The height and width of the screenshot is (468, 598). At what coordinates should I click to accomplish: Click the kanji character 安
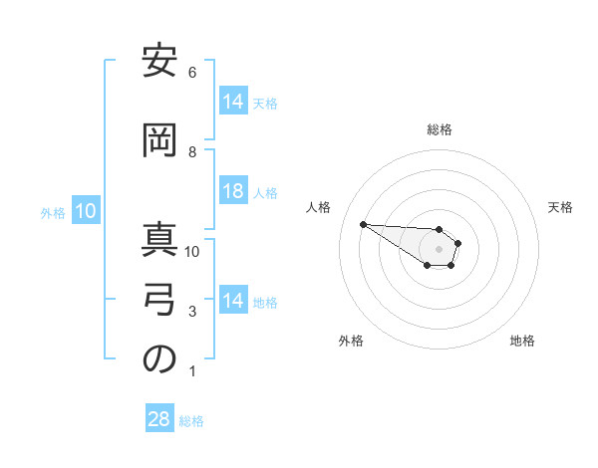(159, 64)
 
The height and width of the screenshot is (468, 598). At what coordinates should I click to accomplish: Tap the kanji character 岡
(159, 141)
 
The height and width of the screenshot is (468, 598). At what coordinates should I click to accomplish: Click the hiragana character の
(159, 361)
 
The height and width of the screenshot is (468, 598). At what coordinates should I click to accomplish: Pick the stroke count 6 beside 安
(192, 73)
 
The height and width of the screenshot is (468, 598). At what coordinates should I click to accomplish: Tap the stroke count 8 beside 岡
(192, 152)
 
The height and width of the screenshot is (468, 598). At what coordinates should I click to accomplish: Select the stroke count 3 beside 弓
(192, 312)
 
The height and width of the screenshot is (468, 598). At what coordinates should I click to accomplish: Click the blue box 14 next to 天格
(232, 102)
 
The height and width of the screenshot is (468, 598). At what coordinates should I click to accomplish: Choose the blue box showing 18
(232, 191)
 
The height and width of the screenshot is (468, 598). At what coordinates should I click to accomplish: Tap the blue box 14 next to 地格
(232, 301)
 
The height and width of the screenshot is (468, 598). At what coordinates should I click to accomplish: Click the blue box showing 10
(86, 211)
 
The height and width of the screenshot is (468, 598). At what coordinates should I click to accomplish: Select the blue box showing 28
(158, 419)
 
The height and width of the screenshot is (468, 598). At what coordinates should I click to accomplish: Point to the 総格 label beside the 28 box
(191, 421)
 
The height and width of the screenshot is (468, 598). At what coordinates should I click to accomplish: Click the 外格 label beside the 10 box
(53, 212)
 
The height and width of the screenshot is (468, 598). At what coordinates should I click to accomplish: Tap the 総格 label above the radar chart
(440, 129)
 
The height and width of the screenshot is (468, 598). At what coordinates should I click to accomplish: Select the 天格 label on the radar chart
(561, 207)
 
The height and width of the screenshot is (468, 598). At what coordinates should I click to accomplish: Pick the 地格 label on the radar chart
(522, 341)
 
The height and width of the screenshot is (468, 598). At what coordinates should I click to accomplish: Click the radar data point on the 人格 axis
(363, 224)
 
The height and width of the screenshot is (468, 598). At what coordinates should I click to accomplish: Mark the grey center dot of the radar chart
(439, 248)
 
